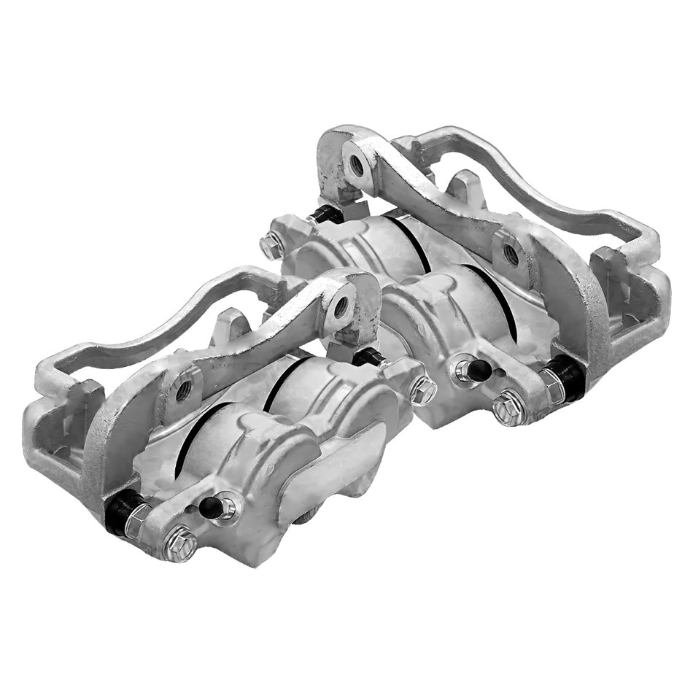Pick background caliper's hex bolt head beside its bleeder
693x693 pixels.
tap(508, 407)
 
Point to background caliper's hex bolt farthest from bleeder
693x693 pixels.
tap(272, 246)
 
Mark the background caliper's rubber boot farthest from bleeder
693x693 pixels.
tap(325, 214)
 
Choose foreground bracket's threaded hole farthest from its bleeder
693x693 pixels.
tap(341, 307)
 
